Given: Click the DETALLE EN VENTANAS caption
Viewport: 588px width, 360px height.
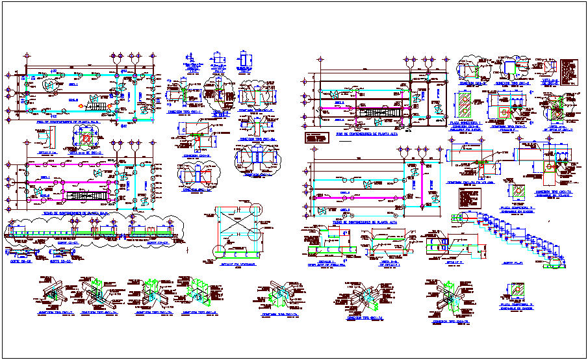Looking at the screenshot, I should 237,264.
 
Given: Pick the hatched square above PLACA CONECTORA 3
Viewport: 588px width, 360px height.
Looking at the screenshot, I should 517,290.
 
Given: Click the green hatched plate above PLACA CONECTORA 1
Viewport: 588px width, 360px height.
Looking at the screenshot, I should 467,105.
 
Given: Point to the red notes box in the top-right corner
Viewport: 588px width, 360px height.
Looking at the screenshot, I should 569,71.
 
